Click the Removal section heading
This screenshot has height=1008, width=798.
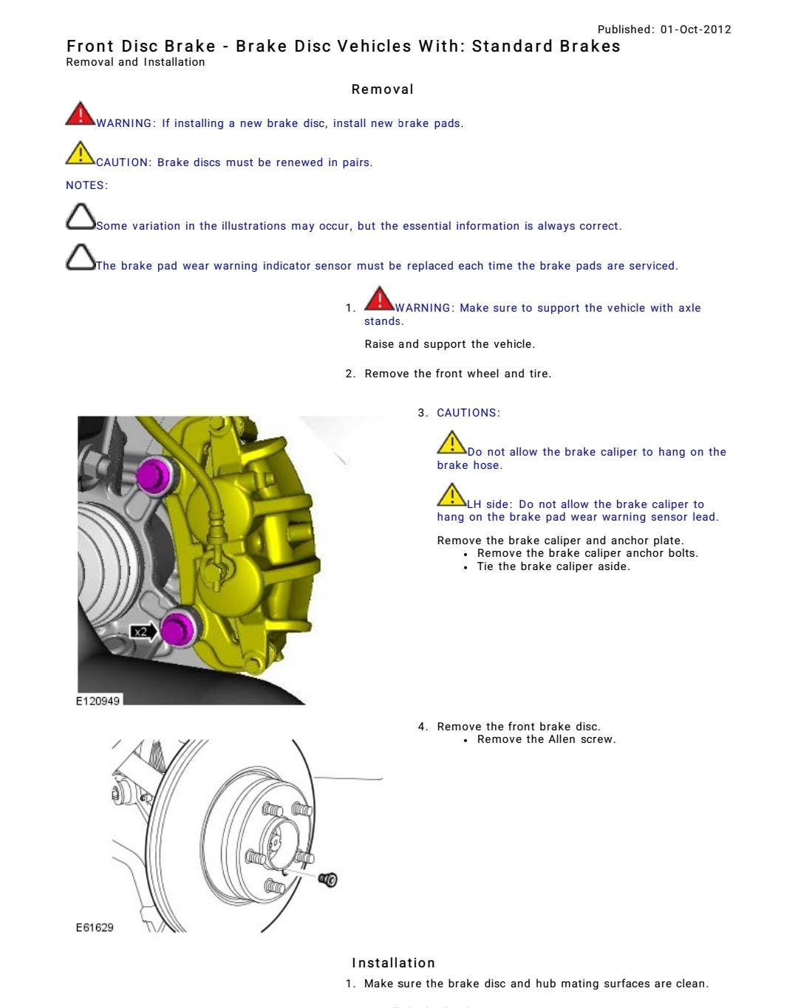(x=382, y=89)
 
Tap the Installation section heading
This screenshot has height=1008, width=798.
(x=393, y=963)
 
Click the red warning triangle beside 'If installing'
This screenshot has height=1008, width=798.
(x=79, y=115)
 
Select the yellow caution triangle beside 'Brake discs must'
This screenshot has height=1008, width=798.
(x=79, y=154)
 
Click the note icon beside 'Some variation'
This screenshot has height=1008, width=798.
(x=80, y=217)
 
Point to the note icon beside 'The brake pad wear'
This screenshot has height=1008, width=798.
(x=80, y=257)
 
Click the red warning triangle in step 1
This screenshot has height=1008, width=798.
(x=379, y=299)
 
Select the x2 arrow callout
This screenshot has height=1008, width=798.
(x=143, y=631)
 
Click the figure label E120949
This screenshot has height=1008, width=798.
(x=98, y=700)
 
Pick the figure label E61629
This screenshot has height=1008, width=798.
(x=95, y=928)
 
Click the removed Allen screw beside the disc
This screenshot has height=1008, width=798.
(x=329, y=880)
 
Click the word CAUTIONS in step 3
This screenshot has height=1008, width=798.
(x=468, y=413)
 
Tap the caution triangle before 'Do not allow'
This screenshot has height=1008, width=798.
(x=451, y=443)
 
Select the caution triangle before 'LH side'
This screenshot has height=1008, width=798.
(x=451, y=496)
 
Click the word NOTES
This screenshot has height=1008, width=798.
(x=86, y=185)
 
